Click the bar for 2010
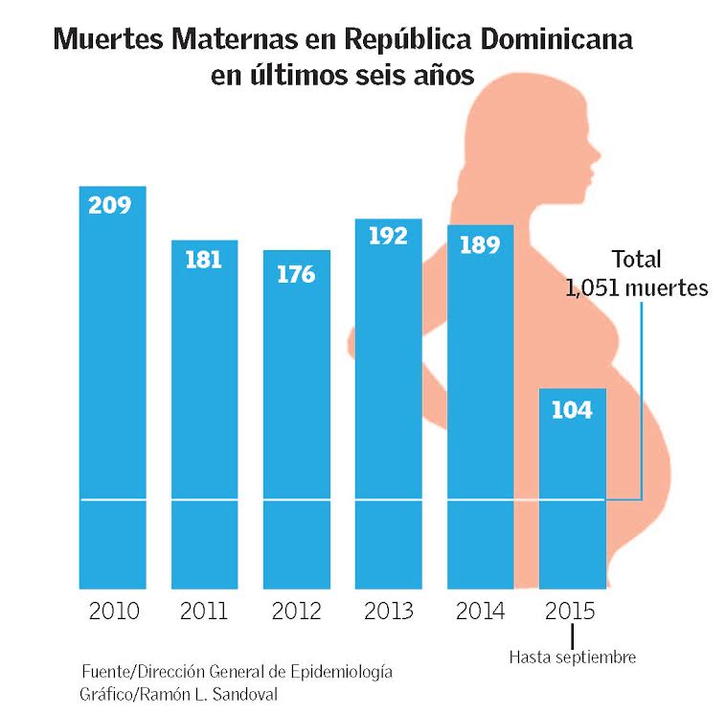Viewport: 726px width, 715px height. (x=113, y=383)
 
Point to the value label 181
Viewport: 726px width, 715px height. (x=203, y=260)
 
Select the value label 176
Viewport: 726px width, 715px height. (x=295, y=274)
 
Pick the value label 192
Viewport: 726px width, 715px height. (x=388, y=237)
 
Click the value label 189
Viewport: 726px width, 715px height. (x=479, y=244)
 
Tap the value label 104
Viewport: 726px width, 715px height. (x=572, y=410)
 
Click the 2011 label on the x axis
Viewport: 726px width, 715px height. (x=204, y=611)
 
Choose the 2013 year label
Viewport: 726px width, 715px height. (x=388, y=611)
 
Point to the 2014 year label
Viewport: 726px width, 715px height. (x=480, y=611)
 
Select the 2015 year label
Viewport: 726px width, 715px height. (x=571, y=611)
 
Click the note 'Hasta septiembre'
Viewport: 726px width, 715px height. (x=573, y=657)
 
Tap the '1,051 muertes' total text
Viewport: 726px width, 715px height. (x=637, y=288)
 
